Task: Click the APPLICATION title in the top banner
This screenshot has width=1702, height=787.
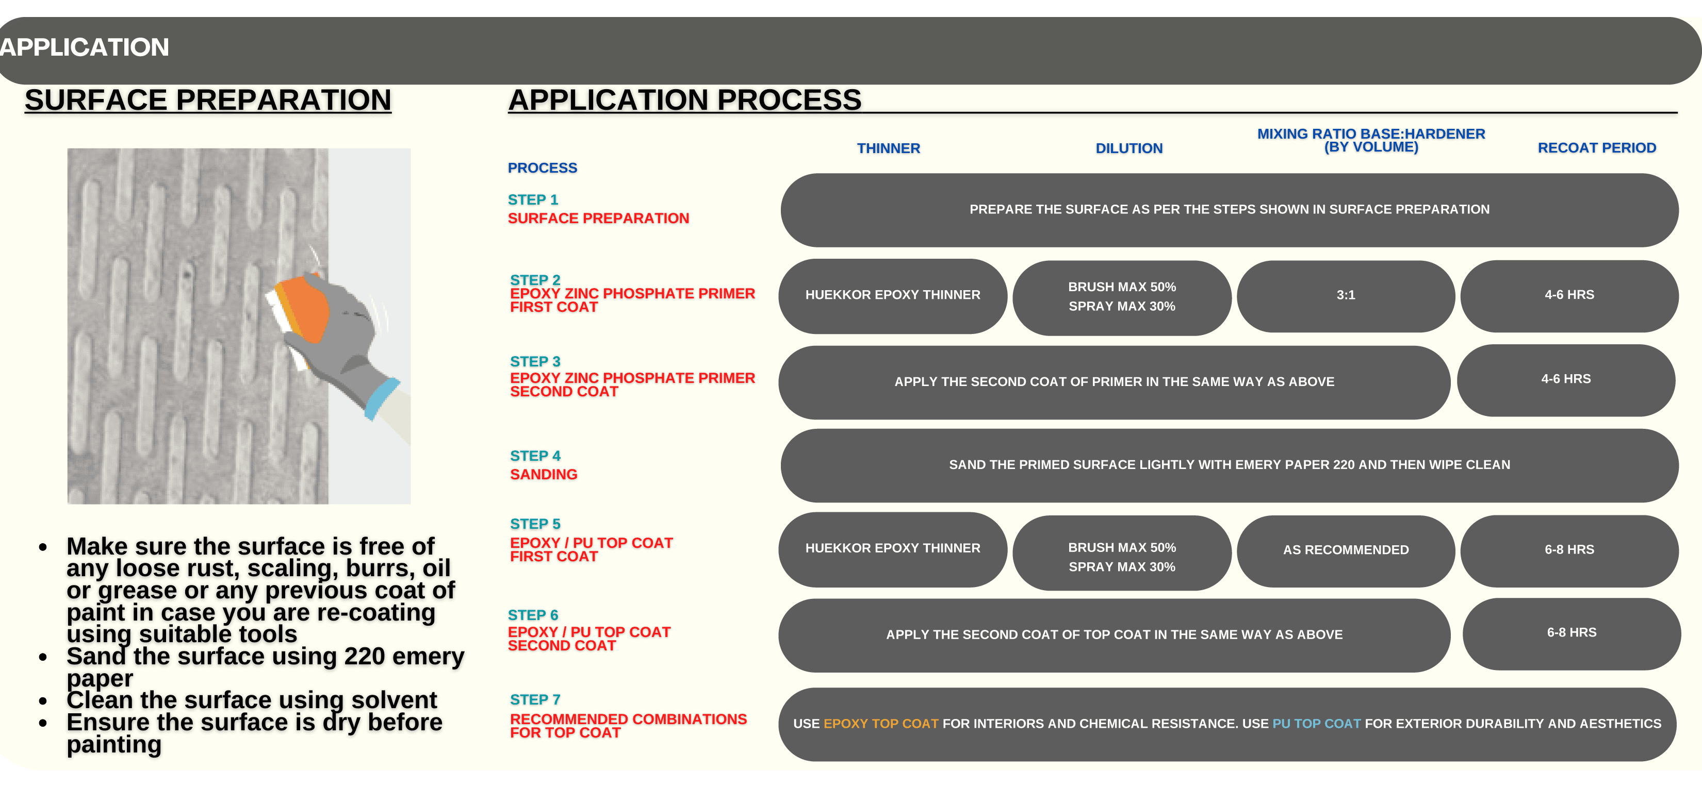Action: click(x=84, y=47)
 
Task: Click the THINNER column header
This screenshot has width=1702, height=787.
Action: click(x=888, y=148)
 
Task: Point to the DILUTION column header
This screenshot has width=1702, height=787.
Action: click(x=1129, y=148)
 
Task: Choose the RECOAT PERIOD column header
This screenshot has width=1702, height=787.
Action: click(x=1597, y=148)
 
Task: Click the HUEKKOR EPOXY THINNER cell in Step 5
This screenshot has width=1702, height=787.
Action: click(x=893, y=549)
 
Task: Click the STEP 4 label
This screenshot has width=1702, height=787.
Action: click(x=535, y=456)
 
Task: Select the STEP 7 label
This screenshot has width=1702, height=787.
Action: click(x=535, y=700)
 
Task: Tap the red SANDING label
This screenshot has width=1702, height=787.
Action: click(x=544, y=475)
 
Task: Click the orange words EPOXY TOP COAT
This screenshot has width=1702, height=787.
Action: click(x=881, y=724)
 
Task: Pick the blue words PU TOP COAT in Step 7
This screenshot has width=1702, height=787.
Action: click(x=1316, y=724)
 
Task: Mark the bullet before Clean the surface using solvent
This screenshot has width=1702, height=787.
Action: click(x=43, y=700)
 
